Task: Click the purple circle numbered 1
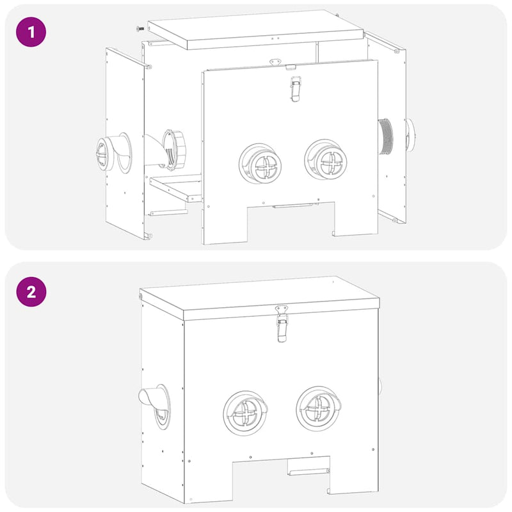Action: [x=31, y=31]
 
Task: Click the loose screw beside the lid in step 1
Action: [x=138, y=28]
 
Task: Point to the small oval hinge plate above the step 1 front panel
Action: [x=276, y=62]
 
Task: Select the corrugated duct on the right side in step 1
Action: [x=386, y=136]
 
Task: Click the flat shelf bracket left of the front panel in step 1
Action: [x=176, y=189]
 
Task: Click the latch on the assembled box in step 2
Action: [x=281, y=323]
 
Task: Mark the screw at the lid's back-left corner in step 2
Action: [x=141, y=297]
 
